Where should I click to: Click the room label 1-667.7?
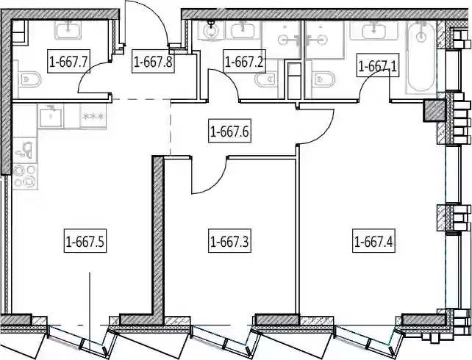(x=68, y=62)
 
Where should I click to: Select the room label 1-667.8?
(x=153, y=62)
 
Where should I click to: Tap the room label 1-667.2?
(x=244, y=62)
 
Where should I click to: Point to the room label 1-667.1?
(x=377, y=65)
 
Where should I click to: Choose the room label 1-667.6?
(x=229, y=131)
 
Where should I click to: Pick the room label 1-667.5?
(x=85, y=240)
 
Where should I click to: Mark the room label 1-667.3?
(x=229, y=240)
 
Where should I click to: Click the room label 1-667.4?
(x=373, y=240)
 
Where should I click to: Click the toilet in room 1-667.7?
(x=29, y=79)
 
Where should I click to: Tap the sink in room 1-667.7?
(x=68, y=29)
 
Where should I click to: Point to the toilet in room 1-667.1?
(x=323, y=79)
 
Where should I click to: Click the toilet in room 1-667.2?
(x=265, y=79)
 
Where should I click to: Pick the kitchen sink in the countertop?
(x=51, y=117)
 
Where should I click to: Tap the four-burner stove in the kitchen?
(x=25, y=176)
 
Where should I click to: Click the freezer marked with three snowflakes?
(x=93, y=116)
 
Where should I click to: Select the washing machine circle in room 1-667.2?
(x=212, y=30)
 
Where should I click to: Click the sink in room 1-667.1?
(x=374, y=30)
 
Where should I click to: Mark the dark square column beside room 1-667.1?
(x=434, y=110)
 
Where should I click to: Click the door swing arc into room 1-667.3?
(x=215, y=181)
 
